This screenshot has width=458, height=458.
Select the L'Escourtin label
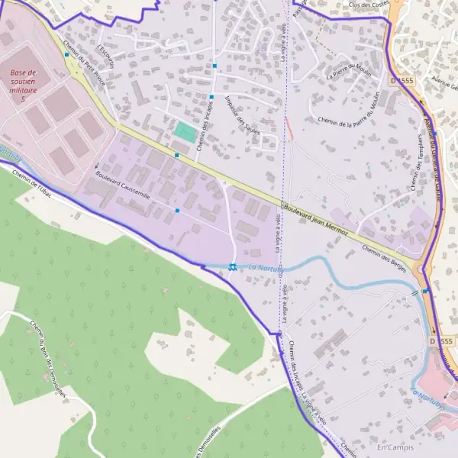click(x=105, y=41)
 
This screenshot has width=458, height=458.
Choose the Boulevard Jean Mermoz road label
click(x=315, y=218)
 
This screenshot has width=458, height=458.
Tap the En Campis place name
click(x=394, y=446)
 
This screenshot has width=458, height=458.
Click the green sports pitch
click(x=184, y=131)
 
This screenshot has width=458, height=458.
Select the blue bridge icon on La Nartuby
click(x=231, y=266)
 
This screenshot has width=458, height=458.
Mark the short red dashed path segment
click(x=289, y=127)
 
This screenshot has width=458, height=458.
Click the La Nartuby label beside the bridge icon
click(x=266, y=268)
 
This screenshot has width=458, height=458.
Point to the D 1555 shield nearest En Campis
click(x=441, y=340)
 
